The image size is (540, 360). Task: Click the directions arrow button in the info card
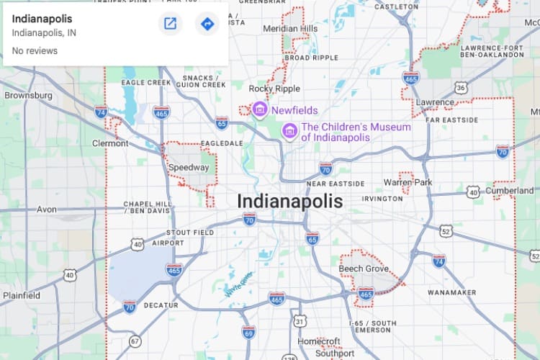click(207, 24)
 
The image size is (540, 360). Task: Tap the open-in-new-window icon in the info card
click(171, 24)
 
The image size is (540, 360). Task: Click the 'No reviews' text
click(35, 51)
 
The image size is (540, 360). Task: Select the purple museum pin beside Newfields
click(259, 109)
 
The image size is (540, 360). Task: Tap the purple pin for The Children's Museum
click(289, 131)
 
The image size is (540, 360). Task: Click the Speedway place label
click(188, 168)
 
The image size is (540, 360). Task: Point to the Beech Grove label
click(364, 269)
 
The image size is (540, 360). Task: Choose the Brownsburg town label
click(28, 95)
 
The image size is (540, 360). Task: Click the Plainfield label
click(21, 295)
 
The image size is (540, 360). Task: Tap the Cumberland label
click(510, 191)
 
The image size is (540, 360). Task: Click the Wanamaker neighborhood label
click(452, 293)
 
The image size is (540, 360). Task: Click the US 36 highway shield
click(461, 88)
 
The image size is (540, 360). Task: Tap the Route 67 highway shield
click(135, 341)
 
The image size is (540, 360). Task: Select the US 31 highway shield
click(300, 320)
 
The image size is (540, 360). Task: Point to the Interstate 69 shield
click(248, 332)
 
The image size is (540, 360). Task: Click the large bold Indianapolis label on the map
click(290, 202)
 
